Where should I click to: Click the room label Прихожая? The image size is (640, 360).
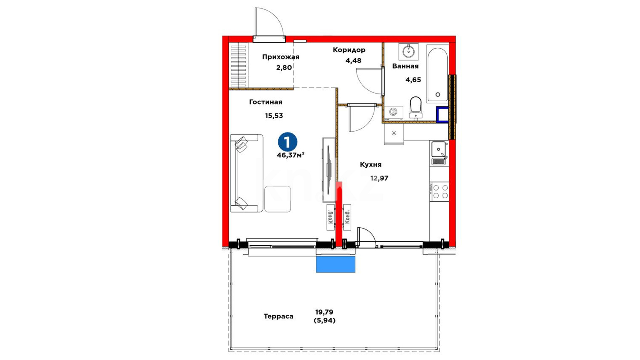click(x=281, y=57)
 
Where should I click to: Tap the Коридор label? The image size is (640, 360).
click(x=349, y=50)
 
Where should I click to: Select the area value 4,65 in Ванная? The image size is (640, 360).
click(x=413, y=80)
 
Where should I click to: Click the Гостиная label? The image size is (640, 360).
click(x=266, y=102)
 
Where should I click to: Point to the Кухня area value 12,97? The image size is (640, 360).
click(x=379, y=178)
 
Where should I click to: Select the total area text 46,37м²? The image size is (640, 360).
click(x=290, y=155)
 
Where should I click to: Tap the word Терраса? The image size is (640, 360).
click(x=278, y=316)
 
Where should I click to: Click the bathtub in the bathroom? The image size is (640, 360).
click(x=437, y=74)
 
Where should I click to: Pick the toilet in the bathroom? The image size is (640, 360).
click(x=416, y=107)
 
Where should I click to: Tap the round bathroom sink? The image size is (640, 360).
click(x=408, y=51)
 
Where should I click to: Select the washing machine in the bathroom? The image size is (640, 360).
click(x=394, y=113)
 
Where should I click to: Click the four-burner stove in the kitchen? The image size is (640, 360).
click(x=439, y=192)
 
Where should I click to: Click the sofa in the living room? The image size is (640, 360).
click(x=246, y=173)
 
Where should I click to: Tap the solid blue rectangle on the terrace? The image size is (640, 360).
click(x=336, y=264)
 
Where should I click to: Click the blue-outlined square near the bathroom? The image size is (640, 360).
click(x=443, y=115)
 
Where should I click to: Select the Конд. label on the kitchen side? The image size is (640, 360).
click(x=347, y=217)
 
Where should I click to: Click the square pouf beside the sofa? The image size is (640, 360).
click(x=278, y=199)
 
